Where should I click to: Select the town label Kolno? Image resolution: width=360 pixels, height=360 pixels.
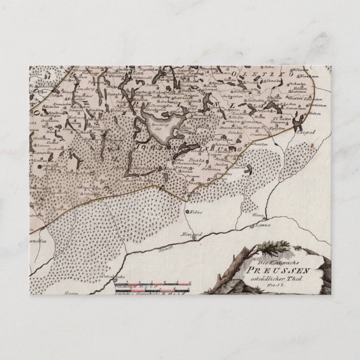pyautogui.click(x=195, y=212)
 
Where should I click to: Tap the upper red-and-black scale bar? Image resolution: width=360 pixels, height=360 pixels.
pyautogui.click(x=151, y=285)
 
